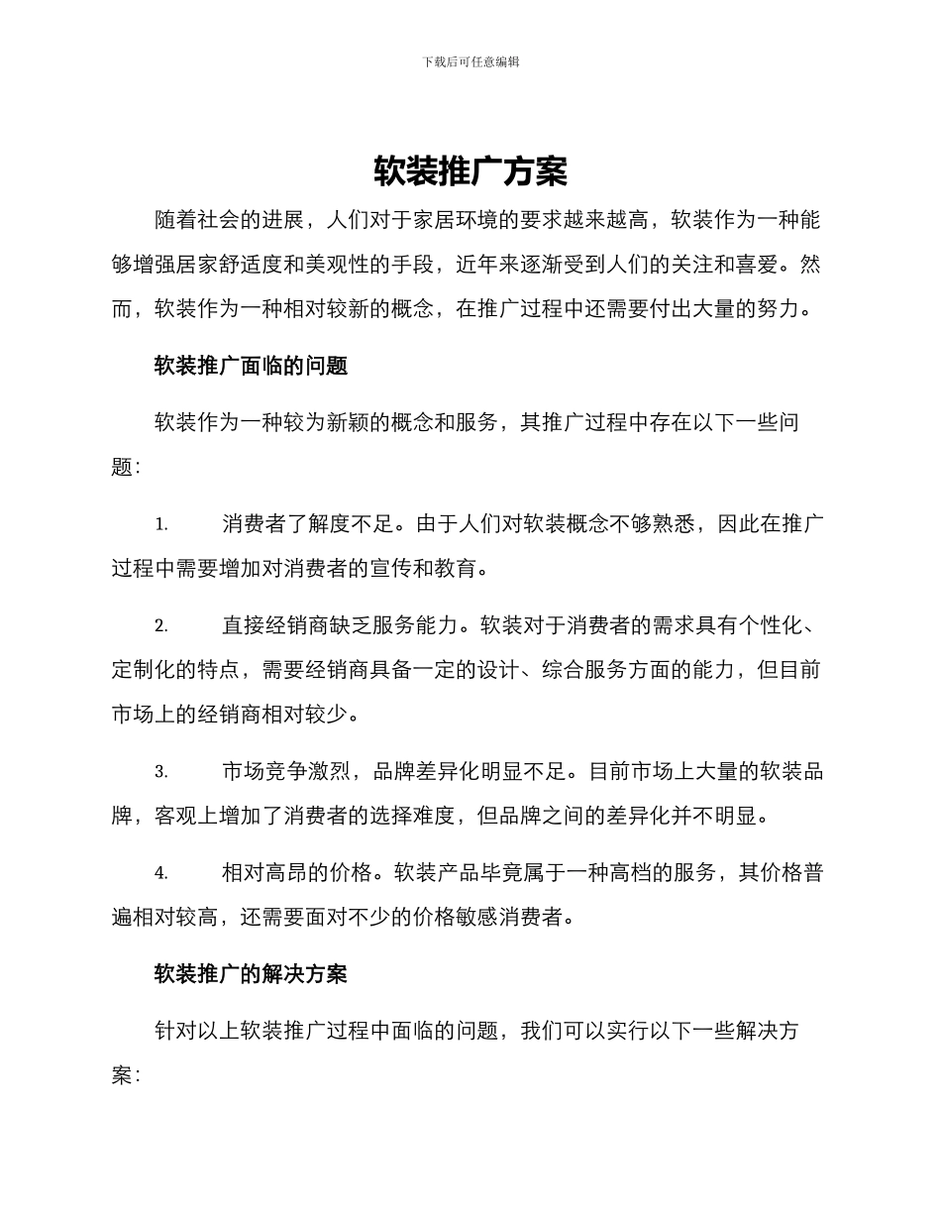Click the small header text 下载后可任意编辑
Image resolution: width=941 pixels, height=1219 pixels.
tap(470, 61)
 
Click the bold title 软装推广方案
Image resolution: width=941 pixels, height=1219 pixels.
tap(470, 171)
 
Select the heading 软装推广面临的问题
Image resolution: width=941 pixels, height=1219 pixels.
tap(251, 366)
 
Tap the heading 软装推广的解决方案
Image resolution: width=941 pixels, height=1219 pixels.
tap(251, 974)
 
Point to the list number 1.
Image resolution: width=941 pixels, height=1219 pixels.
tap(161, 524)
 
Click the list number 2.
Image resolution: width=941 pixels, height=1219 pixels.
tap(161, 626)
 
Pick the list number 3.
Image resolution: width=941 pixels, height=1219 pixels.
tap(161, 772)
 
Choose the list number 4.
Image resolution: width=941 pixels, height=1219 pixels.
tap(161, 873)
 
